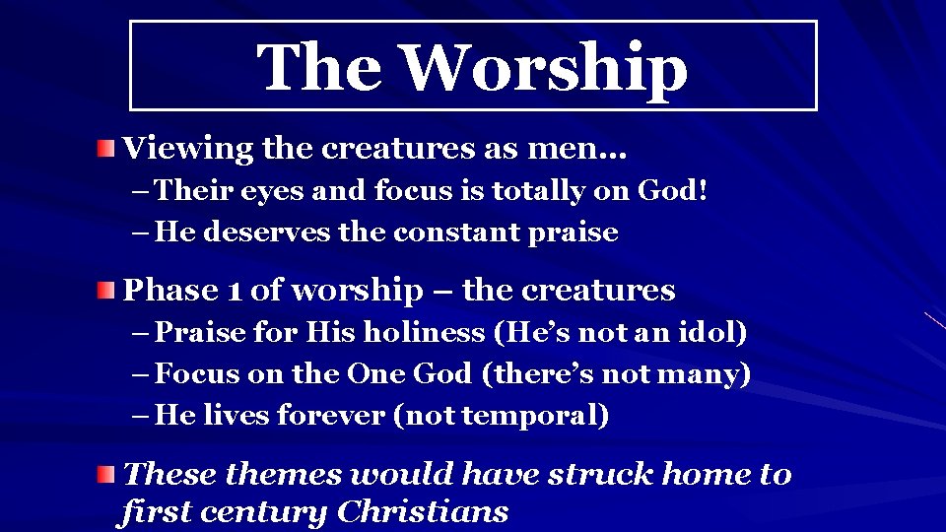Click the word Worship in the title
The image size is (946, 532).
545,68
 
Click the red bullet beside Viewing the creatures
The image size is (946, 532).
106,150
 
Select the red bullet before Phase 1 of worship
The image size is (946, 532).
106,291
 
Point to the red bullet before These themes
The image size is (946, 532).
106,476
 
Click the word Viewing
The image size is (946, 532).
188,150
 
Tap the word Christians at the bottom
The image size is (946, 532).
423,512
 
